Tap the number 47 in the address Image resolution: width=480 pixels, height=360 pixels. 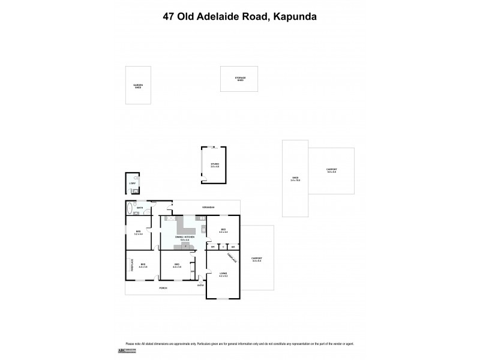click(x=170, y=17)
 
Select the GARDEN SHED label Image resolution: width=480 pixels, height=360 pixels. click(x=138, y=86)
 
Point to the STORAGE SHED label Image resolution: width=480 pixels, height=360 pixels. click(x=241, y=79)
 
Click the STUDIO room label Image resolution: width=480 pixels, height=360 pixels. click(x=214, y=164)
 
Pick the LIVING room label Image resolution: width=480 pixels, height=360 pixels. click(x=223, y=275)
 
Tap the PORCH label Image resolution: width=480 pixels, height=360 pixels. click(x=163, y=289)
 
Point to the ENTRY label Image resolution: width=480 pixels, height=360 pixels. click(x=200, y=286)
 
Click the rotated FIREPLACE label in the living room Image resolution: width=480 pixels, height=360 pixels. click(x=231, y=257)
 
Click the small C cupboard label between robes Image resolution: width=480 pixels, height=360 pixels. click(x=223, y=247)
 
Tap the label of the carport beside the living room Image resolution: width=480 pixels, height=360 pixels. click(x=257, y=259)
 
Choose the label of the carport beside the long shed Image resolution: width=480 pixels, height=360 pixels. click(x=331, y=171)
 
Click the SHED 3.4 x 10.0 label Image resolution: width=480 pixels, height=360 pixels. click(x=295, y=179)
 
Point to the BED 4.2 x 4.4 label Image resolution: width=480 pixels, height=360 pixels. click(x=223, y=231)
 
